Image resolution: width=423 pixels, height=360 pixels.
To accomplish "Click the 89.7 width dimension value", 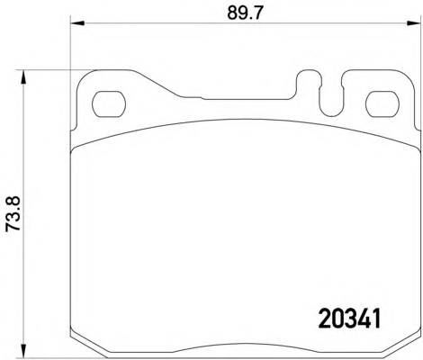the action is [x=245, y=13].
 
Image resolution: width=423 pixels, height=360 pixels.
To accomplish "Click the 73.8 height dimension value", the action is [x=13, y=213].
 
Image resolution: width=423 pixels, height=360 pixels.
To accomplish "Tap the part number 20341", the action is [x=349, y=319].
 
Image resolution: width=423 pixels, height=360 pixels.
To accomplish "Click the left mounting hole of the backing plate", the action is [x=109, y=104].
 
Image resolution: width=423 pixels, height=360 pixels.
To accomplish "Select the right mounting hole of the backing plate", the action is [x=382, y=104].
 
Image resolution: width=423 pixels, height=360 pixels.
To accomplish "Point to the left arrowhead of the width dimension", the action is [x=76, y=23].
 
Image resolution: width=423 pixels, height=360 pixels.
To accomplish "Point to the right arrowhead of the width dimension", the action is [x=414, y=23].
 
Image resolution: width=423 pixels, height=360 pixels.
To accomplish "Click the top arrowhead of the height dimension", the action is [x=22, y=77].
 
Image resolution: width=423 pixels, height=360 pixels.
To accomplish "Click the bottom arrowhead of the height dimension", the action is [x=22, y=351].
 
